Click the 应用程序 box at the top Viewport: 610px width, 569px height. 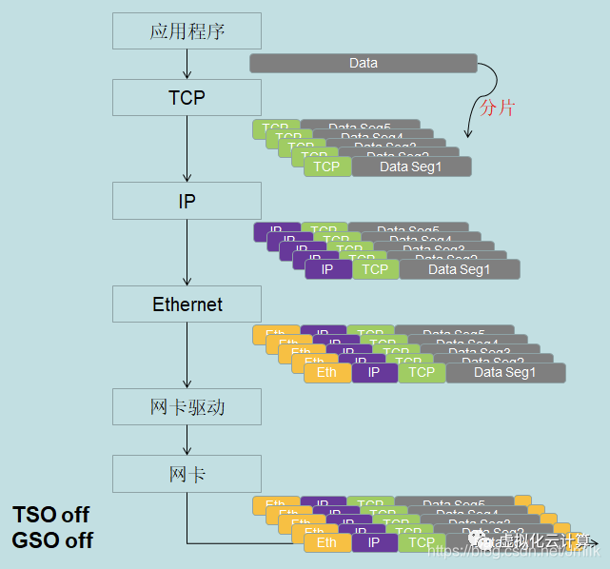187,31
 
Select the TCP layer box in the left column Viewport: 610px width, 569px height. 187,97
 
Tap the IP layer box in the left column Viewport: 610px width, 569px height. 187,201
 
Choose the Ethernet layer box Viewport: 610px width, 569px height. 187,304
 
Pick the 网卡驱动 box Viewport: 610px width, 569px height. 187,406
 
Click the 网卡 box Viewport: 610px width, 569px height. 187,473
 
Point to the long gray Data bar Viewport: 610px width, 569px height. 363,64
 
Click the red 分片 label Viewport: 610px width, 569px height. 497,108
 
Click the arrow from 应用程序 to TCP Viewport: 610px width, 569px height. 187,64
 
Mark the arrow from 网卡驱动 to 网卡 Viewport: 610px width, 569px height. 187,440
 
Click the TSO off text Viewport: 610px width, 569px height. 51,515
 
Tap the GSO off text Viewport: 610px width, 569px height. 52,540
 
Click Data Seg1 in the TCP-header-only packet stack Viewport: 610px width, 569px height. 411,167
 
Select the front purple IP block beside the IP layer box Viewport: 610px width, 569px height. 327,269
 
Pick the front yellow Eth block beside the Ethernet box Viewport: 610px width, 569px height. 327,372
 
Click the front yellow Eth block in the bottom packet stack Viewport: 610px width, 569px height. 327,542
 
